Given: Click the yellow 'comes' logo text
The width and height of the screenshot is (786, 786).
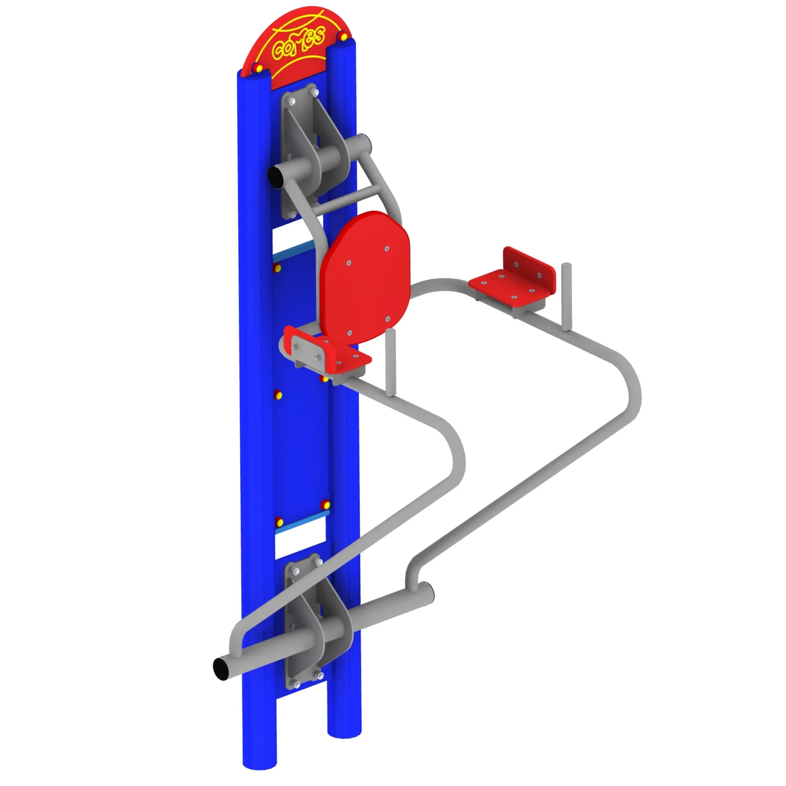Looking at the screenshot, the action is (299, 42).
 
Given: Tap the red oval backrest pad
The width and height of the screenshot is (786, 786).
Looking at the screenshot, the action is (365, 278).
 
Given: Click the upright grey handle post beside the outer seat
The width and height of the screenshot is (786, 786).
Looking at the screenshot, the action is (566, 296).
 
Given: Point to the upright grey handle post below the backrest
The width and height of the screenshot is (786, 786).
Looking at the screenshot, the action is (391, 362).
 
